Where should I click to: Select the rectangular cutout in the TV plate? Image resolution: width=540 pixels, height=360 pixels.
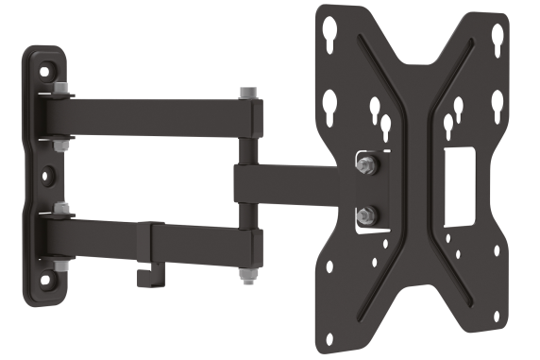(460, 185)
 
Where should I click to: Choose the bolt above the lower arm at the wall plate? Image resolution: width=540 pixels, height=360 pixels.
(61, 208)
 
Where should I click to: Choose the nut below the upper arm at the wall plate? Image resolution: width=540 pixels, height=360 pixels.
(61, 145)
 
